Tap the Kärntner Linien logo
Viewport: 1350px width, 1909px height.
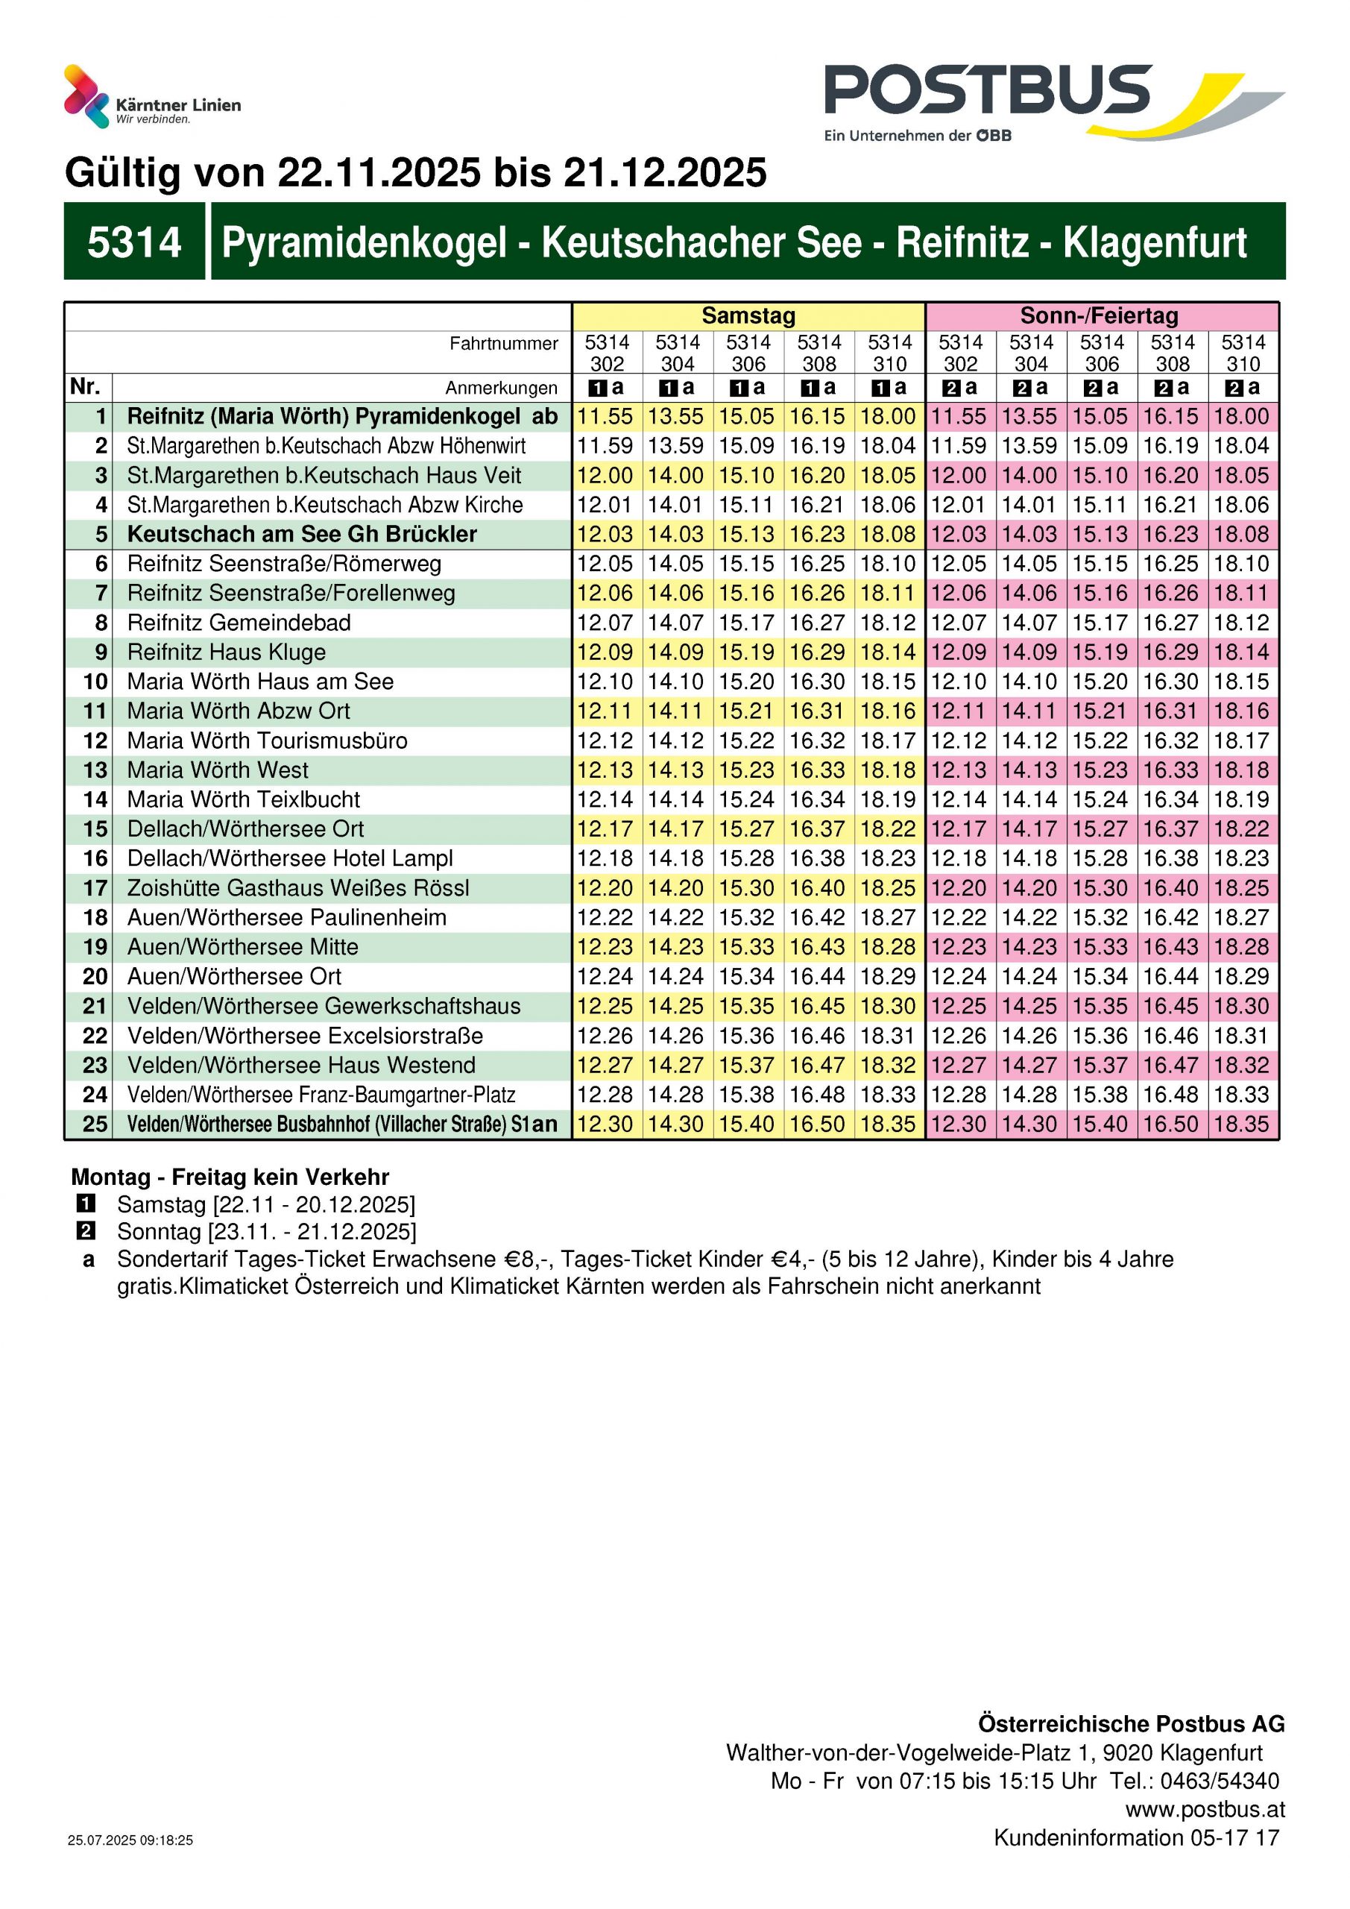point(152,97)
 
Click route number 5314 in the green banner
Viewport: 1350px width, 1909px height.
point(134,242)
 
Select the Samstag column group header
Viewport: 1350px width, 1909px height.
point(748,316)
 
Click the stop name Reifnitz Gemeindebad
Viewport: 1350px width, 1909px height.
point(239,623)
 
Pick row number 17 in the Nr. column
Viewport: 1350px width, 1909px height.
point(95,888)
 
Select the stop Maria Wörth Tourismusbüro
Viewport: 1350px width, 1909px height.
point(267,740)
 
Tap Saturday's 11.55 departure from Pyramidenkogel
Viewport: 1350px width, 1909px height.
point(605,417)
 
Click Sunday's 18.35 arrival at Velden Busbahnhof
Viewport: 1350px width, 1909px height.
point(1241,1124)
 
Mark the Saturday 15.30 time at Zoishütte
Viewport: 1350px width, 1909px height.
point(746,888)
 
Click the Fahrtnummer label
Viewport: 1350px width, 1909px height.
point(503,343)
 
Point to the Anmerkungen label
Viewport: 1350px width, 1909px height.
point(500,388)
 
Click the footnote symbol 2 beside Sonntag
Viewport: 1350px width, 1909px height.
point(86,1231)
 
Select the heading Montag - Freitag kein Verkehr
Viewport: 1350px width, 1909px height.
point(230,1177)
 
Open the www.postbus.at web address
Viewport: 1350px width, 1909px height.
point(1205,1809)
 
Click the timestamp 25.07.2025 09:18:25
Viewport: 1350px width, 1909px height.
point(130,1840)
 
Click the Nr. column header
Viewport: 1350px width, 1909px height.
point(86,386)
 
